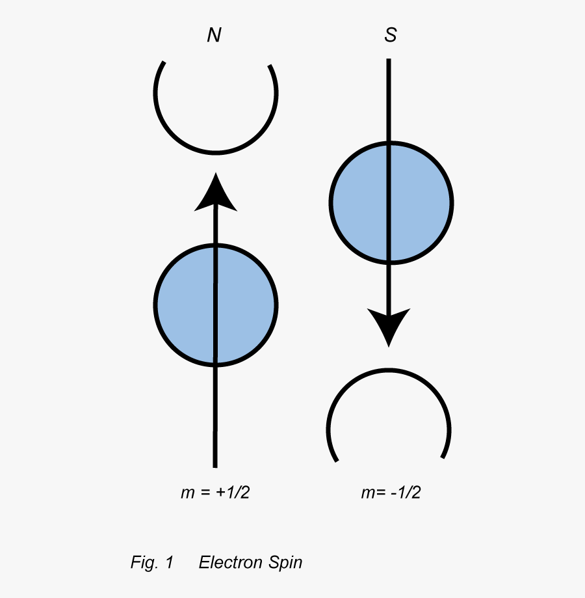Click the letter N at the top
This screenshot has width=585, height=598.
click(214, 36)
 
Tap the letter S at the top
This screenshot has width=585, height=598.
click(390, 36)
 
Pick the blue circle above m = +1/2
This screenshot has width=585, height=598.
click(216, 304)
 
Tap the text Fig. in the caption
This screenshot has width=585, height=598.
click(143, 563)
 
